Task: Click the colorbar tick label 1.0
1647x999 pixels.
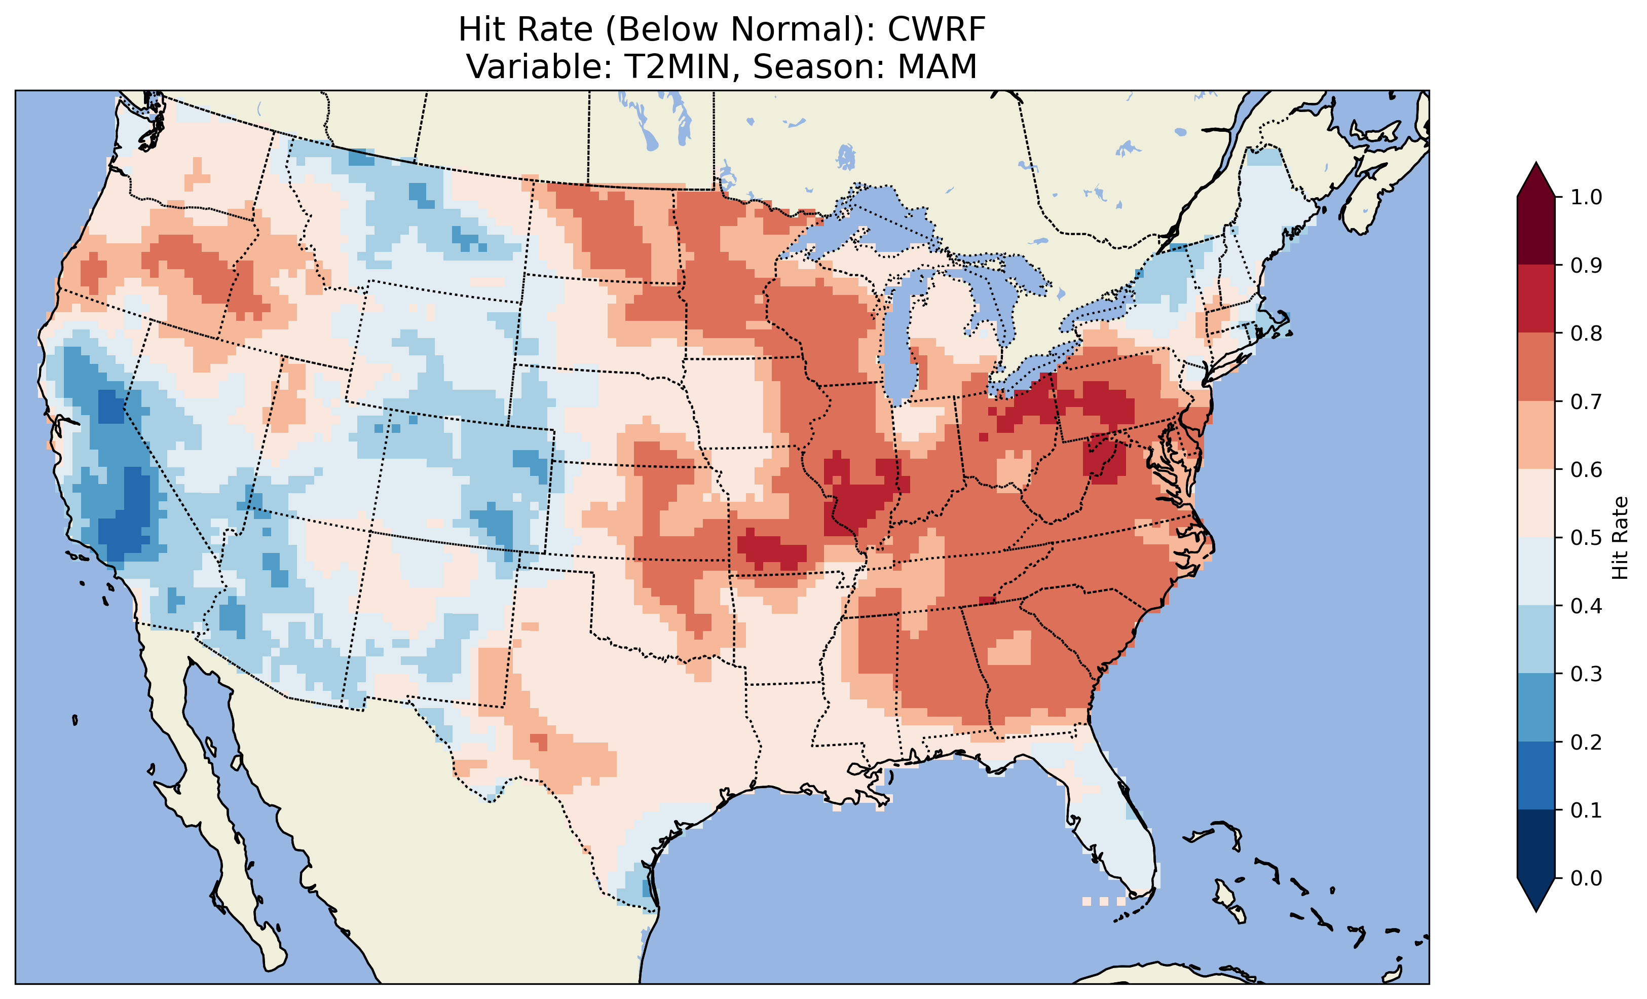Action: [1586, 197]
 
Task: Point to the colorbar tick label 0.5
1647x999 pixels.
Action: [1586, 538]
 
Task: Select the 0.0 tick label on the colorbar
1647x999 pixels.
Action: [1586, 878]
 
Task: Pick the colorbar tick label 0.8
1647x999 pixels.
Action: [1586, 333]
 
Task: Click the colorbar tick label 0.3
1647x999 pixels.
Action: [1586, 674]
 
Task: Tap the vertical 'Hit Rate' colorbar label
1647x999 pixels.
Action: [1620, 538]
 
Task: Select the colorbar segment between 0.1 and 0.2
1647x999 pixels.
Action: [1536, 775]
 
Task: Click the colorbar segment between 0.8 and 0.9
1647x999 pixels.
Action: [1536, 299]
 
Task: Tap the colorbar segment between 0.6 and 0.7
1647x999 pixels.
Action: [1536, 435]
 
